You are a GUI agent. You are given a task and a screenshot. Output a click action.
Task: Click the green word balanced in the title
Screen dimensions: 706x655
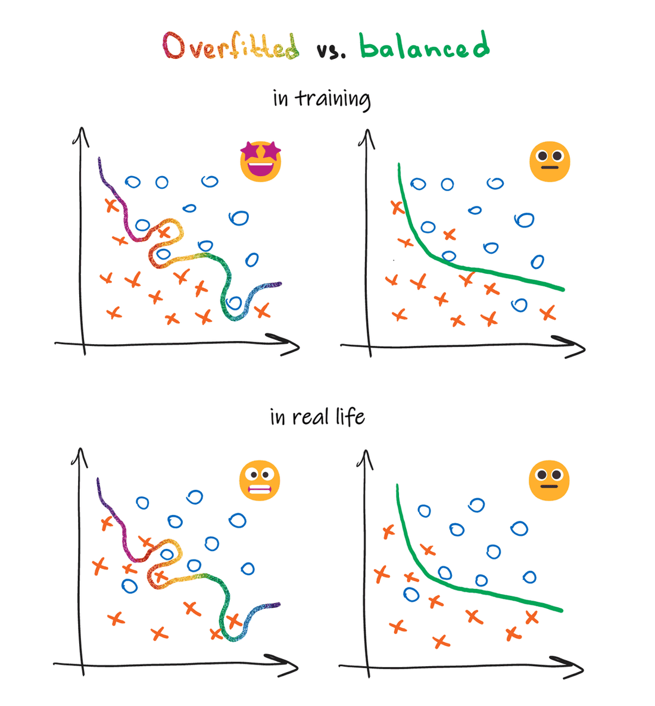[425, 46]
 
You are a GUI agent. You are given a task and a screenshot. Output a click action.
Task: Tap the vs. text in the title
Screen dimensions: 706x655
[331, 51]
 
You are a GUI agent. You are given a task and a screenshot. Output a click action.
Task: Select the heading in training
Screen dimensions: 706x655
[322, 99]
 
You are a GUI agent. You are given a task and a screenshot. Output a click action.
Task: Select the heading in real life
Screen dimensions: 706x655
[317, 417]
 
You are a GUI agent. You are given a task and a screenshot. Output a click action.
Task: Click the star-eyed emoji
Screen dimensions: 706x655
[261, 161]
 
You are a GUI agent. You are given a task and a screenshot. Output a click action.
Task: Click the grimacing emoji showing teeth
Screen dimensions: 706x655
[260, 480]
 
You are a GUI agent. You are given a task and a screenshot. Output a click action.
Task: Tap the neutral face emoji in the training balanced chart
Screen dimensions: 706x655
[550, 161]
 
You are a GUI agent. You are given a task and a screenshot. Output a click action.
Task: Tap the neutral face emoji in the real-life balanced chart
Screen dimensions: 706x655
[549, 480]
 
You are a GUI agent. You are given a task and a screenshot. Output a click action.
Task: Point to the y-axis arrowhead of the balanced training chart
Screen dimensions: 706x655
[367, 138]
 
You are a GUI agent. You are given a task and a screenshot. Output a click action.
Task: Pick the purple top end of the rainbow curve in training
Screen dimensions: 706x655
[99, 160]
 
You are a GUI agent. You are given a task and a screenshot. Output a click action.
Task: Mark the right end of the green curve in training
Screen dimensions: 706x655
[561, 290]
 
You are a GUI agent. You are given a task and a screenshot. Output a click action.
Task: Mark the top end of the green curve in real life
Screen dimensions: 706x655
[397, 487]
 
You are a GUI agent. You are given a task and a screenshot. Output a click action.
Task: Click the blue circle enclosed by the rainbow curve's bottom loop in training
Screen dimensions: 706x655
[235, 303]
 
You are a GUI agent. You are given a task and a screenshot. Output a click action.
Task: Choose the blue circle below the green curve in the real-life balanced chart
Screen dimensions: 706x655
[411, 594]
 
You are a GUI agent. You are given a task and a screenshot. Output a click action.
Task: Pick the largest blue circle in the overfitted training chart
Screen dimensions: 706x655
[239, 218]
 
